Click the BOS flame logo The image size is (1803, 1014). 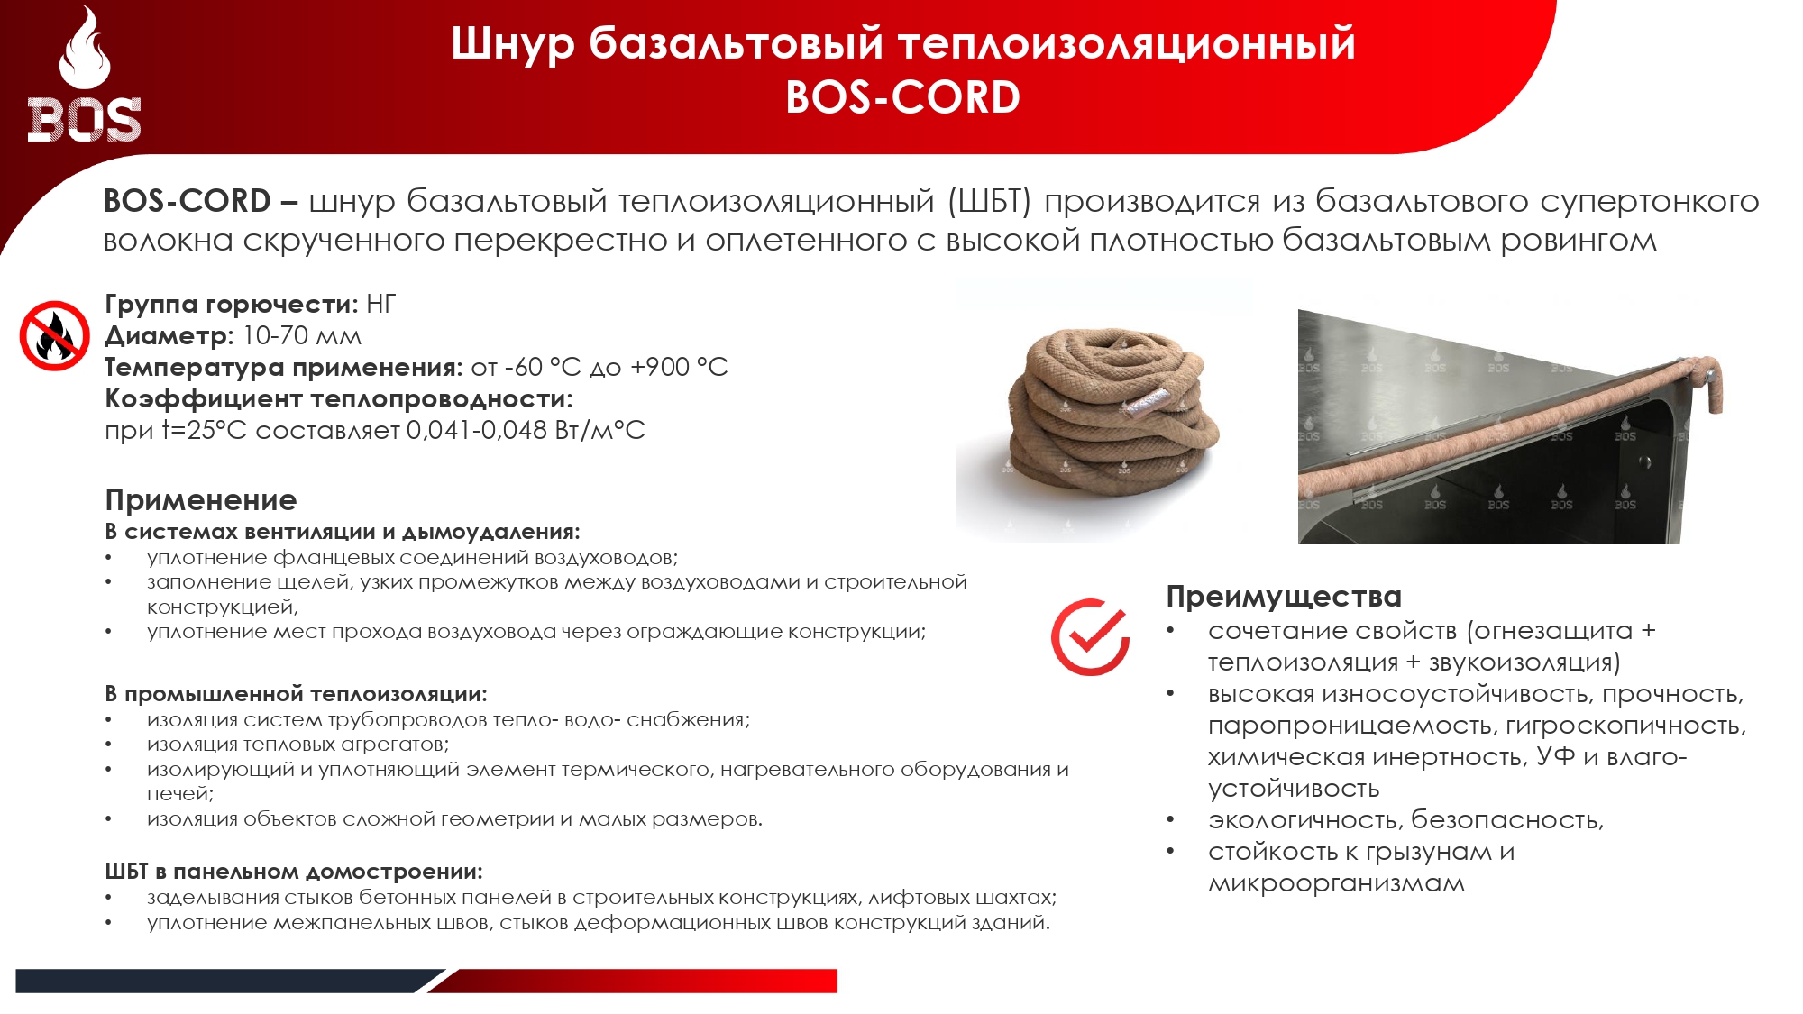tap(84, 76)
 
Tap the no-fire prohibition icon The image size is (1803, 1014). tap(54, 335)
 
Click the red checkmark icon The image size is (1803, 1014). tap(1090, 636)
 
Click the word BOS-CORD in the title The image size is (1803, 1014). tap(902, 97)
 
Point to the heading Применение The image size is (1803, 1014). tap(201, 499)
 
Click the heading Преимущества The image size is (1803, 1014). tap(1284, 597)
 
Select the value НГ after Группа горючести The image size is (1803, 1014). tap(380, 305)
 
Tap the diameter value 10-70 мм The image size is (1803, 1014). tap(302, 336)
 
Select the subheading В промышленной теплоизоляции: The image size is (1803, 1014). tap(296, 694)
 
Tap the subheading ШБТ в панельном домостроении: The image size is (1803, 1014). tap(294, 872)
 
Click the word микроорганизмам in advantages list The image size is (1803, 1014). tap(1336, 883)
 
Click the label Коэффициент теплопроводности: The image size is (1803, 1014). tap(339, 398)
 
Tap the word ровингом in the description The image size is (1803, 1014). tap(1579, 241)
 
